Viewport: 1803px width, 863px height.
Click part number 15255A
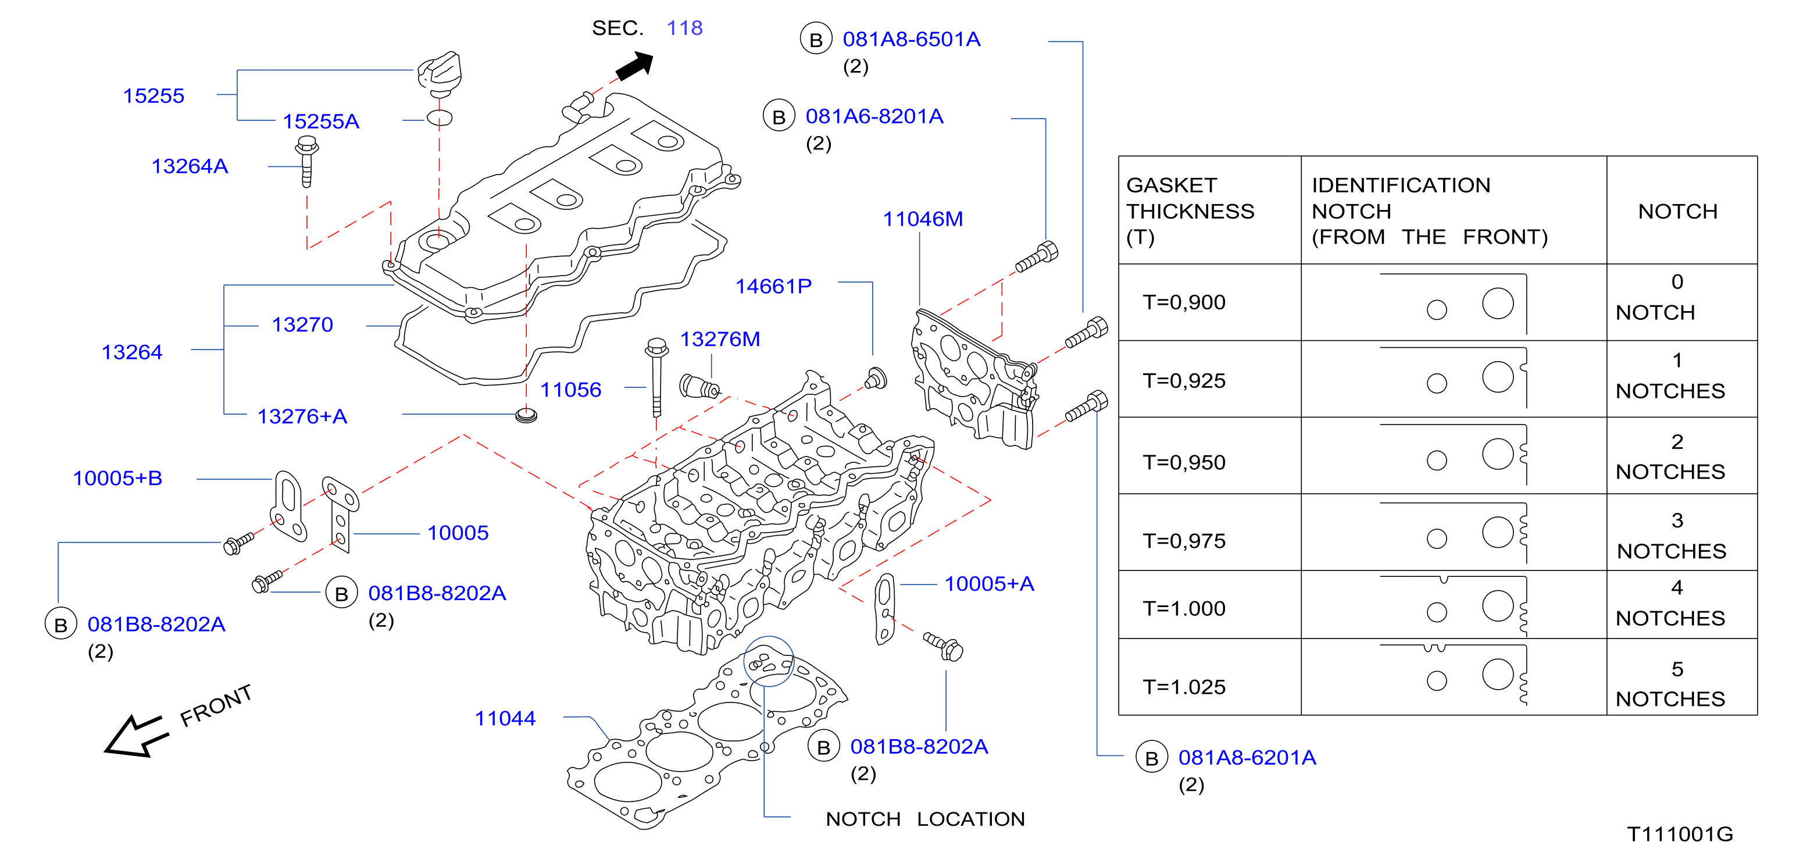[x=320, y=121]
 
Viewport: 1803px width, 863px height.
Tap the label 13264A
[x=190, y=166]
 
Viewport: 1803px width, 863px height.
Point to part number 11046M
[x=923, y=219]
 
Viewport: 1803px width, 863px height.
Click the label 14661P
[x=773, y=286]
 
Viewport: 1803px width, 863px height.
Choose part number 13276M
[x=720, y=339]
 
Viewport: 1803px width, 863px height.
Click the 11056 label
[x=570, y=389]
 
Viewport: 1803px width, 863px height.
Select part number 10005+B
[x=117, y=478]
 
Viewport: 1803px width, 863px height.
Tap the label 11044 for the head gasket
[x=505, y=718]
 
